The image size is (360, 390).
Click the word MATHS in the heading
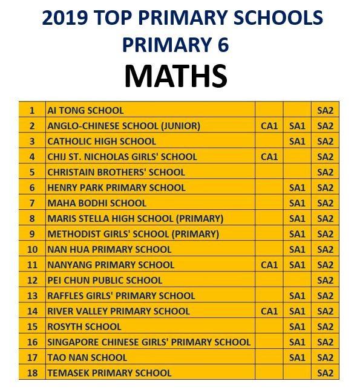coord(175,77)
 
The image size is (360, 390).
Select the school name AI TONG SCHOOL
coord(85,111)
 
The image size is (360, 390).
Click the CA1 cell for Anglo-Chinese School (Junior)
coord(269,126)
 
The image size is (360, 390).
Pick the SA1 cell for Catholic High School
coord(297,141)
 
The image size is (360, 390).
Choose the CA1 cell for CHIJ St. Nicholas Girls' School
coord(269,157)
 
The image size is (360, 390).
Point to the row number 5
coord(33,172)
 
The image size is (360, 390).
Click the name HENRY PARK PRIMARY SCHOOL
coord(116,187)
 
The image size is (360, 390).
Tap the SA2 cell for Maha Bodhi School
coord(326,203)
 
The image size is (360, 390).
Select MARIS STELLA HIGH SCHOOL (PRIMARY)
coord(135,218)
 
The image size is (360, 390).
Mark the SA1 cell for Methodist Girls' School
coord(297,234)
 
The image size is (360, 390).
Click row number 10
coord(33,249)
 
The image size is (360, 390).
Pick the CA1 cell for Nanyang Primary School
coord(269,265)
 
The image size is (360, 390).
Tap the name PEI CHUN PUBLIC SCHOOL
coord(105,281)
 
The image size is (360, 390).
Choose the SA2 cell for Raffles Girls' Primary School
coord(326,296)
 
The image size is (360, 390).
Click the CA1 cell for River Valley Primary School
coord(269,311)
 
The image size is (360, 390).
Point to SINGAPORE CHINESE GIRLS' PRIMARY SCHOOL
coord(148,342)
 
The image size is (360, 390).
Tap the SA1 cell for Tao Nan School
coord(297,357)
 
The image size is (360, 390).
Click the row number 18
coord(33,373)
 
